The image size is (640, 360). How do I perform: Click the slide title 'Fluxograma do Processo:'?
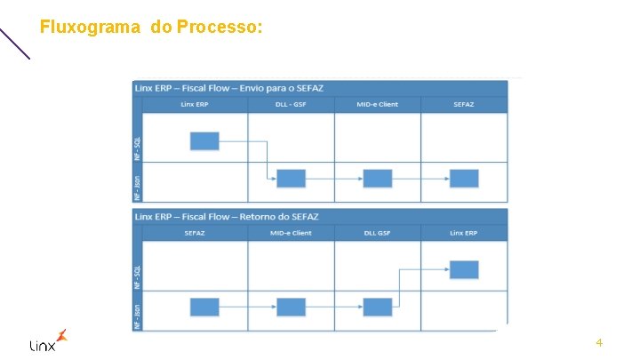click(151, 28)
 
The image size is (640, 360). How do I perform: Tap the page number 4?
click(599, 342)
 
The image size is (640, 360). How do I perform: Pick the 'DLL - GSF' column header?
click(291, 105)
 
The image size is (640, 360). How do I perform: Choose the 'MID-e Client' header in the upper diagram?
click(377, 105)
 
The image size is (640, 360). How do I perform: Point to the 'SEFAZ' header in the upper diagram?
click(464, 105)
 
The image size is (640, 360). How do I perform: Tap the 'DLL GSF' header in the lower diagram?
click(377, 233)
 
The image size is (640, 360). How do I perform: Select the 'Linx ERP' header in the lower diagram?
click(464, 233)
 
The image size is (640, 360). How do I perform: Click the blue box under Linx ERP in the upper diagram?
click(204, 140)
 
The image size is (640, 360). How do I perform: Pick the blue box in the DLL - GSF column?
click(291, 178)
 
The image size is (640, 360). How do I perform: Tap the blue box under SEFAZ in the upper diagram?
click(464, 178)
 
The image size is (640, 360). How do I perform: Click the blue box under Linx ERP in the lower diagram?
click(464, 269)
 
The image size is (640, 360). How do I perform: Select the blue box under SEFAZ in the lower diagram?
click(204, 307)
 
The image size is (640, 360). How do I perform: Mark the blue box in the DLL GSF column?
click(377, 307)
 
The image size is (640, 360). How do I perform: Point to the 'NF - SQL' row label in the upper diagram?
click(137, 140)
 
